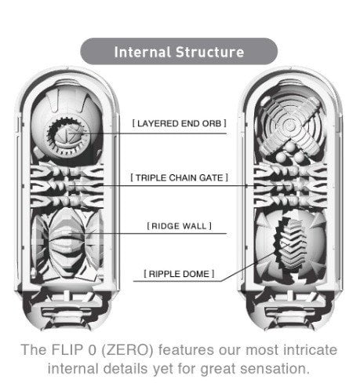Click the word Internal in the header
(x=143, y=52)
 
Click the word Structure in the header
(x=210, y=52)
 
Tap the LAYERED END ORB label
(x=180, y=123)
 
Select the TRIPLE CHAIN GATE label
(x=180, y=177)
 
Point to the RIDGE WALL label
(x=180, y=226)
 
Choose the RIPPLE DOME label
(x=180, y=274)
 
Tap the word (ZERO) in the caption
(x=127, y=350)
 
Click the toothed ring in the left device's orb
(x=67, y=136)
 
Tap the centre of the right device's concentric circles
(x=289, y=126)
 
